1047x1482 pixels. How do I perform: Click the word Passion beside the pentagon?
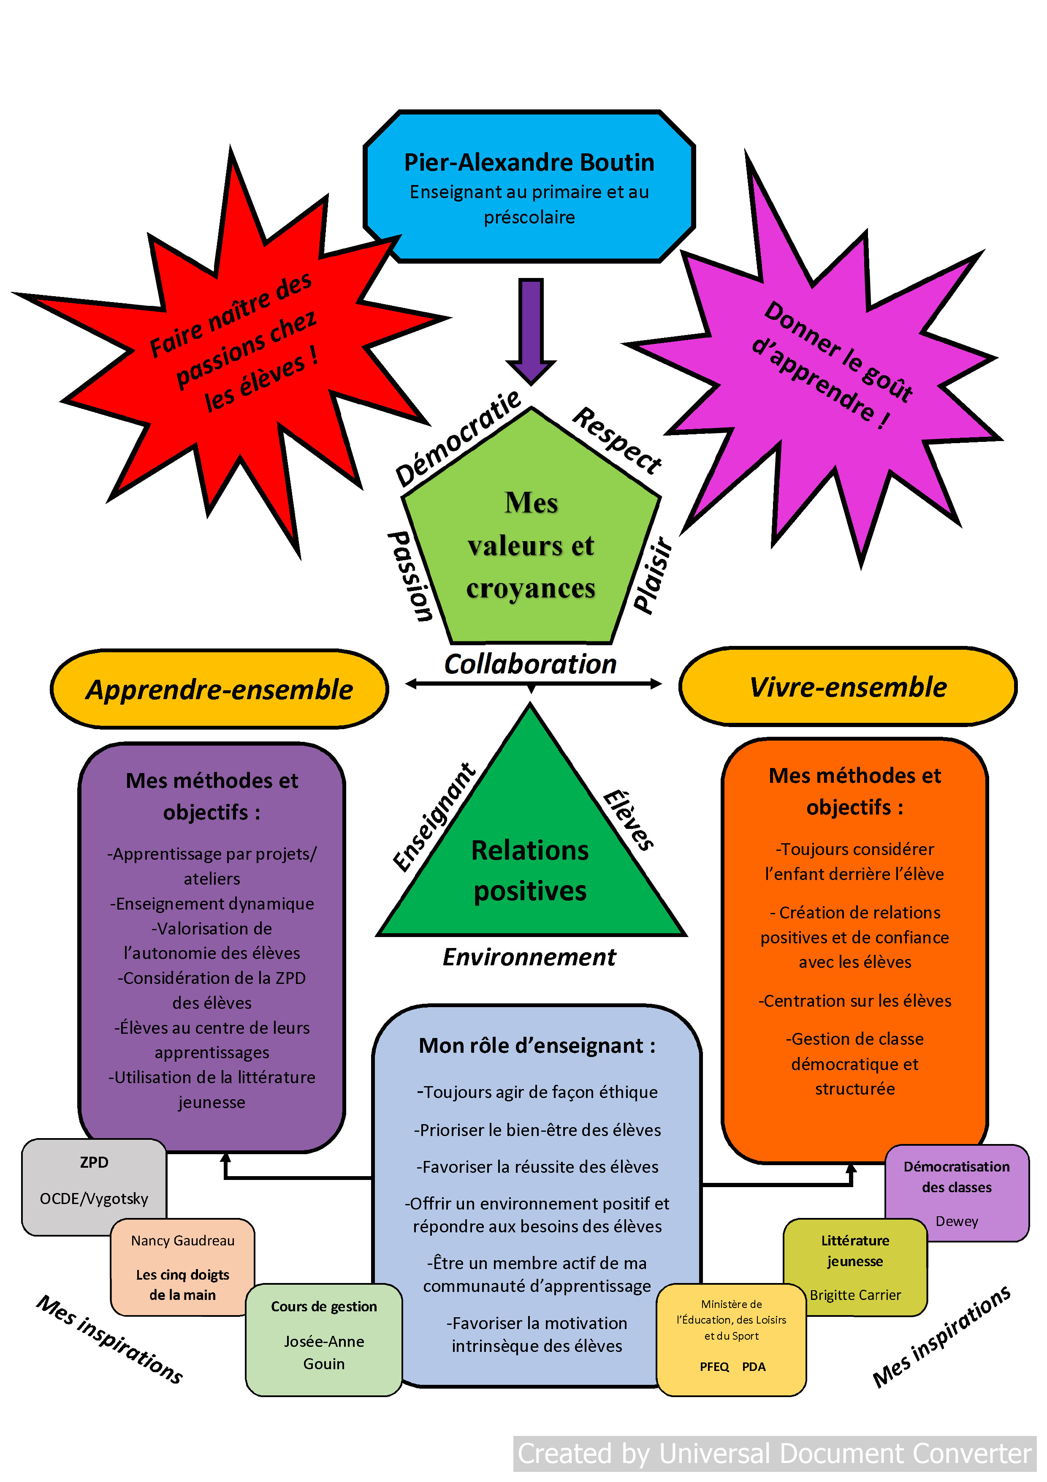[x=410, y=576]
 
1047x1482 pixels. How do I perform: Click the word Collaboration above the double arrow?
[x=530, y=664]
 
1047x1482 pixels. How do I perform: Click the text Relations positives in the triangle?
[x=530, y=870]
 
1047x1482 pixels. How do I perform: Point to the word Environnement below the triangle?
[x=529, y=956]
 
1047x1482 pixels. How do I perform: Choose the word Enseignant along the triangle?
[x=434, y=817]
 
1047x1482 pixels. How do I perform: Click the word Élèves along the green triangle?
[x=628, y=820]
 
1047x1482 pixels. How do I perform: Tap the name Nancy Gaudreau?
[x=182, y=1241]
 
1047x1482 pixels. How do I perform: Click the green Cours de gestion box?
[x=324, y=1339]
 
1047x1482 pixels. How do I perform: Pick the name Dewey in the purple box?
[x=957, y=1221]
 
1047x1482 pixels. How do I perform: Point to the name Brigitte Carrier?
[x=855, y=1295]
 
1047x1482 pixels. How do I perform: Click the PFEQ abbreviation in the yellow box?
[x=714, y=1367]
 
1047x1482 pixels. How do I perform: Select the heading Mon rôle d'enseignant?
[x=537, y=1046]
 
